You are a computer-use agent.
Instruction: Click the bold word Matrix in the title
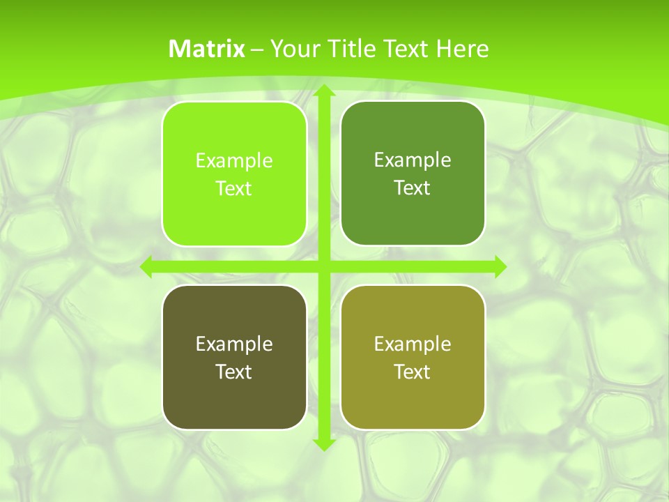pyautogui.click(x=206, y=49)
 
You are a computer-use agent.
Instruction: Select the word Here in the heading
pyautogui.click(x=462, y=49)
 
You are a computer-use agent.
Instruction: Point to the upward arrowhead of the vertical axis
pyautogui.click(x=323, y=93)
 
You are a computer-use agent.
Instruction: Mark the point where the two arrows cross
pyautogui.click(x=323, y=266)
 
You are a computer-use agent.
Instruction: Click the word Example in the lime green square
pyautogui.click(x=234, y=161)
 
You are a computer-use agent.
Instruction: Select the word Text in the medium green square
pyautogui.click(x=412, y=188)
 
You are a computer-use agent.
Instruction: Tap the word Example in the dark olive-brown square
pyautogui.click(x=234, y=344)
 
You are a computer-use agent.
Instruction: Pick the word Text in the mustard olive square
pyautogui.click(x=412, y=372)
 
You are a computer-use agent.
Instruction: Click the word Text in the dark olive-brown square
pyautogui.click(x=233, y=372)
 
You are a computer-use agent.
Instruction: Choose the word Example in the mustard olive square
pyautogui.click(x=413, y=344)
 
